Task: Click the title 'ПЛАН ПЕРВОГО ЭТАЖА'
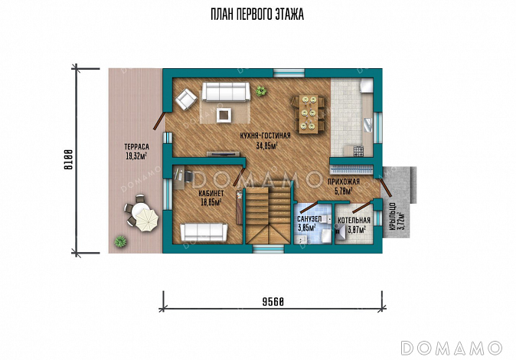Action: (x=257, y=15)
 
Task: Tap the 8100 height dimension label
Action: (x=68, y=159)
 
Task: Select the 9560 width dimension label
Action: (x=273, y=301)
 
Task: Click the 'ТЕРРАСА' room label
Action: (x=136, y=146)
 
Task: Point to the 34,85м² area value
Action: (x=266, y=146)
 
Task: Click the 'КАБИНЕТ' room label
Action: (x=211, y=193)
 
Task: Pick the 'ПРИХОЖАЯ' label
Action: (x=343, y=182)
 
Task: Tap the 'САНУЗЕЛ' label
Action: (x=309, y=219)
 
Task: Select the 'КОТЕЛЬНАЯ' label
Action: (x=354, y=221)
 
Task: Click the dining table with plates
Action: (x=309, y=114)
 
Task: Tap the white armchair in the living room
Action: (x=185, y=98)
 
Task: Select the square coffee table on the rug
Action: (x=224, y=115)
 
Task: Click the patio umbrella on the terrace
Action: (x=147, y=220)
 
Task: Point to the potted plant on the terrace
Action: (x=120, y=241)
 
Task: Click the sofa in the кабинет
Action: (x=204, y=232)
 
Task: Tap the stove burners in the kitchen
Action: (x=358, y=151)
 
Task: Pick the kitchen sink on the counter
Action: (x=368, y=125)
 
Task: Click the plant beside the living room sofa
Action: (x=261, y=90)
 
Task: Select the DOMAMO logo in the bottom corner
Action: (x=452, y=348)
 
